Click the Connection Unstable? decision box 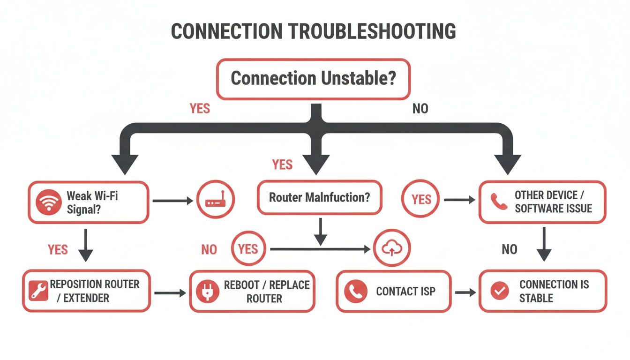[x=313, y=79]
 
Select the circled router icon [x=216, y=201]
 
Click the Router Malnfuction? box [x=319, y=197]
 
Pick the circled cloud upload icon [x=392, y=248]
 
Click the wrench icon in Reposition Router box [x=37, y=291]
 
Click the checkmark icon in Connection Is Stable [x=499, y=291]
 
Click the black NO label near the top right [x=420, y=109]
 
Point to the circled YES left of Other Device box [x=421, y=200]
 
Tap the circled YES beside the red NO [x=248, y=249]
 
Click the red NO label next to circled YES [x=209, y=249]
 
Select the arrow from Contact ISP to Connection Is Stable [x=465, y=292]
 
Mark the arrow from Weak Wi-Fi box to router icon [x=172, y=201]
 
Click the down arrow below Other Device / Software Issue [x=544, y=244]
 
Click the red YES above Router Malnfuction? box [x=282, y=165]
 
